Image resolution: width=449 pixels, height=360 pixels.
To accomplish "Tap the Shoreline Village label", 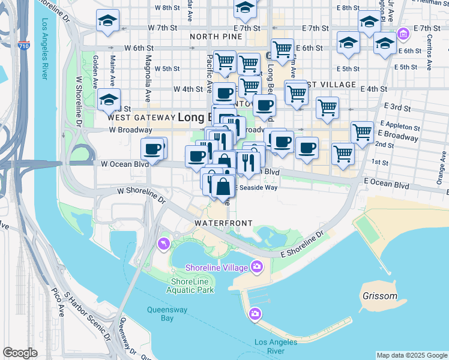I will [217, 266].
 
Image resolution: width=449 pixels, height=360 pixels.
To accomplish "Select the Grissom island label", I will [379, 296].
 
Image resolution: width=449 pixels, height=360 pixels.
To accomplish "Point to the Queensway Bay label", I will [168, 314].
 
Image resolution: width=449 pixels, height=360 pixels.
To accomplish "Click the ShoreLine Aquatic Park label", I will [192, 286].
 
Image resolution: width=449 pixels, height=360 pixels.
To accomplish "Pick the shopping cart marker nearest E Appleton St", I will [363, 132].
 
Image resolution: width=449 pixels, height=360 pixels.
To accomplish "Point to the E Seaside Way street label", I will [256, 188].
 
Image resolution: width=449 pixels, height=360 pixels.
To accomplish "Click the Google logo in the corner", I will [20, 353].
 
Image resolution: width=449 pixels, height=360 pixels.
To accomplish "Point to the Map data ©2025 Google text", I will [411, 355].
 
